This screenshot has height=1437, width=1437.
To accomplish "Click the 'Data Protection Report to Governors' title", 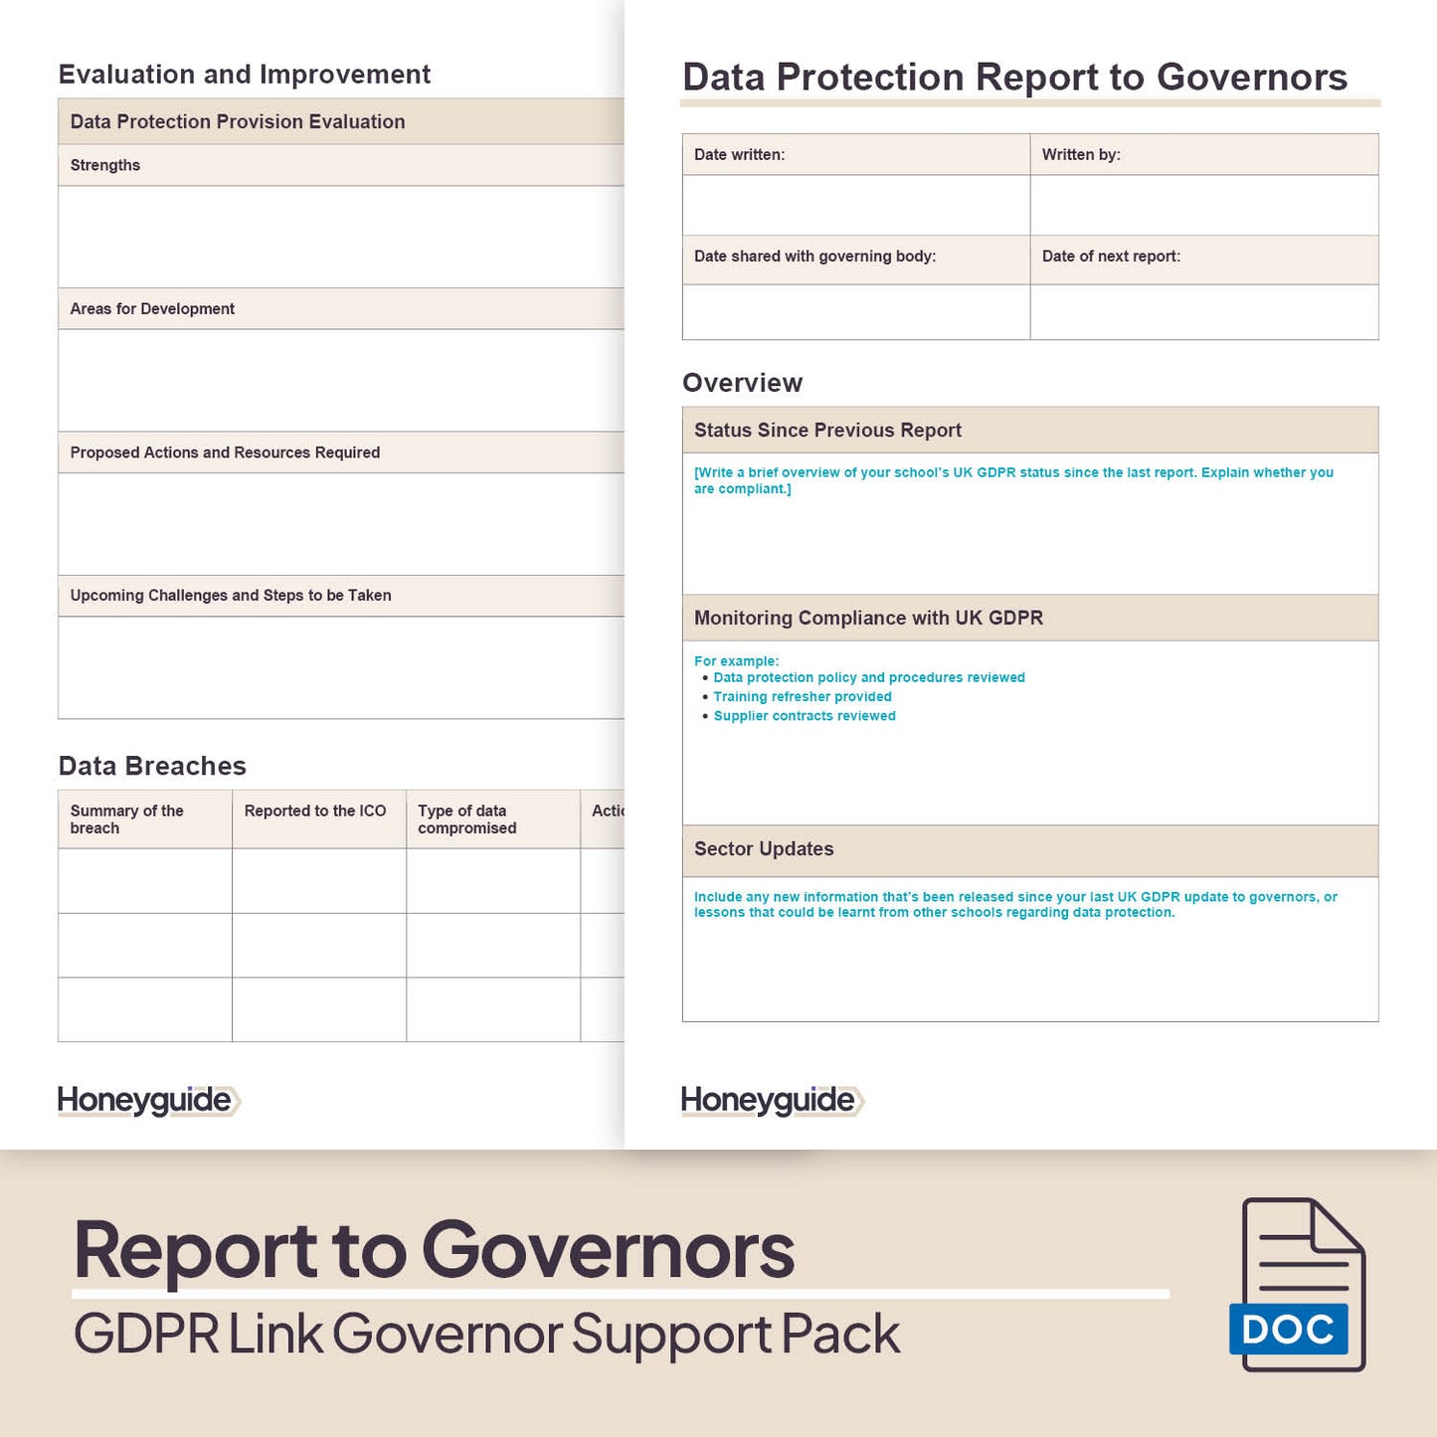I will point(1014,78).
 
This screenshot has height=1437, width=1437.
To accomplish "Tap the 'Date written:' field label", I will point(739,155).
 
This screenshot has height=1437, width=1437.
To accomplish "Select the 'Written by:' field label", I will point(1081,155).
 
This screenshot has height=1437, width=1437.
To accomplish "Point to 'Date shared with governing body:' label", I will point(814,257).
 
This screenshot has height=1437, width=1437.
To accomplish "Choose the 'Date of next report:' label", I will point(1111,257).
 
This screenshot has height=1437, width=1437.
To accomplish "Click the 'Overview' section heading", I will point(742,383).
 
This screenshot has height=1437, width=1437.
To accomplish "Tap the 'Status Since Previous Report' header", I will point(827,431).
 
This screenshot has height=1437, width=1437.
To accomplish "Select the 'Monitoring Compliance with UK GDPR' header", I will point(868,619).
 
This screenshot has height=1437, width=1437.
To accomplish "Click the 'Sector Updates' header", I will point(764,849).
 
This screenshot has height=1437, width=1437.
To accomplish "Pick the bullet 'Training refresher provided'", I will point(802,697).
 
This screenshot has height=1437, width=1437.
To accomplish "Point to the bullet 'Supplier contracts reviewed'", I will point(804,716).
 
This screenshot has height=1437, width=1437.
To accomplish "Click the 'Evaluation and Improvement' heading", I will point(245,75).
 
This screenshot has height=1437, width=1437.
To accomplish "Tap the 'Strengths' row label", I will point(104,165).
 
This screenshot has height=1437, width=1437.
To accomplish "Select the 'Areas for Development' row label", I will point(152,309).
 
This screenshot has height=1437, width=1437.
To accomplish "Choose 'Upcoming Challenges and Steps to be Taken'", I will point(231,596).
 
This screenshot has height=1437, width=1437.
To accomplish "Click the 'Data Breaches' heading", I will point(152,766).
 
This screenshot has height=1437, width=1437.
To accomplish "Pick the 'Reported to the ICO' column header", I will point(315,811).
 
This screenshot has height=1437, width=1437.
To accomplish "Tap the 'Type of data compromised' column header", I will point(467,819).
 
